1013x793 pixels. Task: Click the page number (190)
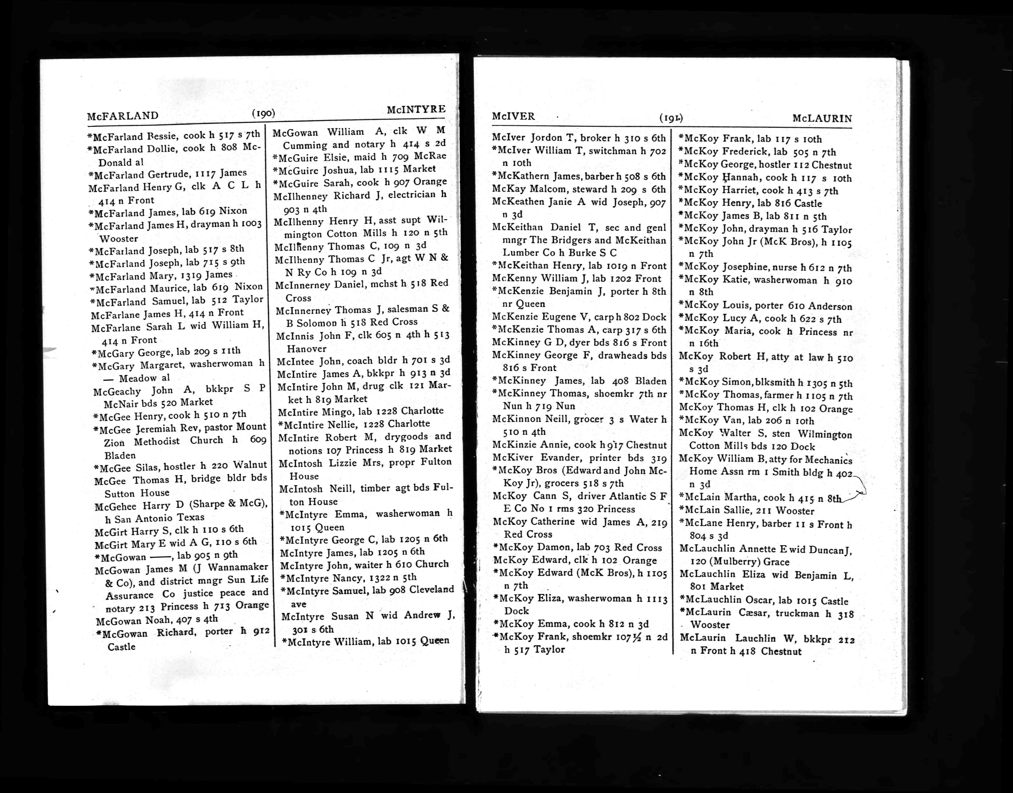tap(264, 113)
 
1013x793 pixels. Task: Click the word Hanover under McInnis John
tap(307, 349)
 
